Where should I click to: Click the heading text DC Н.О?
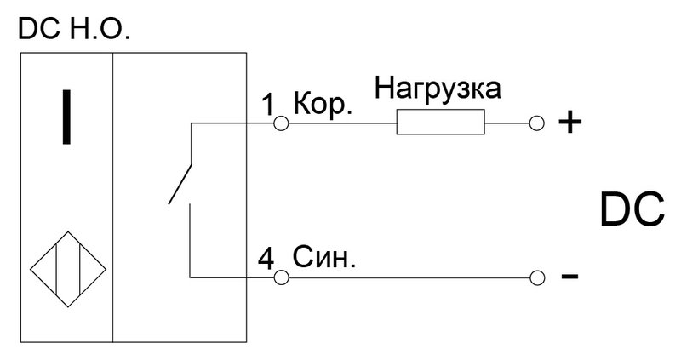74,30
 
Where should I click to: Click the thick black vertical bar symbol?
66,117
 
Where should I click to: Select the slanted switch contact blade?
180,184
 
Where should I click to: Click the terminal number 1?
269,105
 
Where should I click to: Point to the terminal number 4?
266,259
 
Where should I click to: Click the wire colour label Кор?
323,104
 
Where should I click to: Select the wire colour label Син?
323,257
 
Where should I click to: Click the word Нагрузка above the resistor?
438,89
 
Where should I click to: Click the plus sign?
569,123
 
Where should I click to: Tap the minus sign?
569,276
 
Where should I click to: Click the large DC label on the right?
632,209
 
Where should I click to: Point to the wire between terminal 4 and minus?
409,277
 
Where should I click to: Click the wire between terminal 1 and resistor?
342,123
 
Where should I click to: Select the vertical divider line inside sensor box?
113,197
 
